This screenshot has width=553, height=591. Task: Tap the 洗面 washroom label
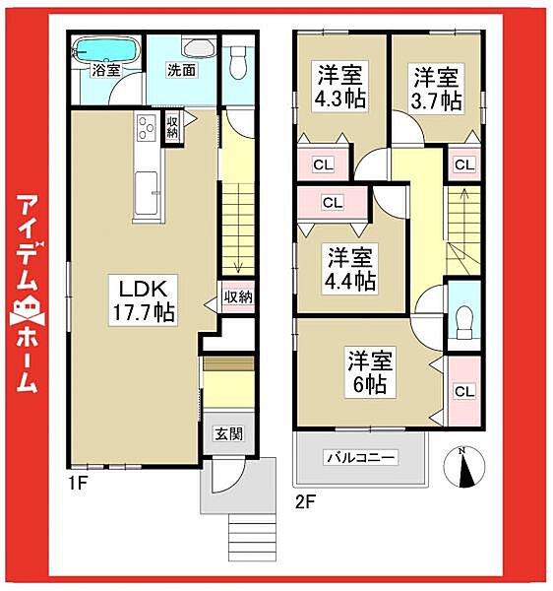(x=180, y=70)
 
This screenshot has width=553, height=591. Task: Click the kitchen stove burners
(x=148, y=129)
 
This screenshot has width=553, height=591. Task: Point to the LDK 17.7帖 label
(x=148, y=299)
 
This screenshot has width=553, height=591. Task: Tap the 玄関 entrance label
(x=230, y=433)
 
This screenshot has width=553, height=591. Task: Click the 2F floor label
(x=305, y=499)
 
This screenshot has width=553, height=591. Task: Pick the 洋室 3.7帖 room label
(x=436, y=88)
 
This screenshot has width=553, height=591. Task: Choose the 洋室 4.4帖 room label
(x=349, y=269)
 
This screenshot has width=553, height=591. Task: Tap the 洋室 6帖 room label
(x=369, y=371)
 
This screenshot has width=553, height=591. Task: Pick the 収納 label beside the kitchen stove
(x=172, y=126)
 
